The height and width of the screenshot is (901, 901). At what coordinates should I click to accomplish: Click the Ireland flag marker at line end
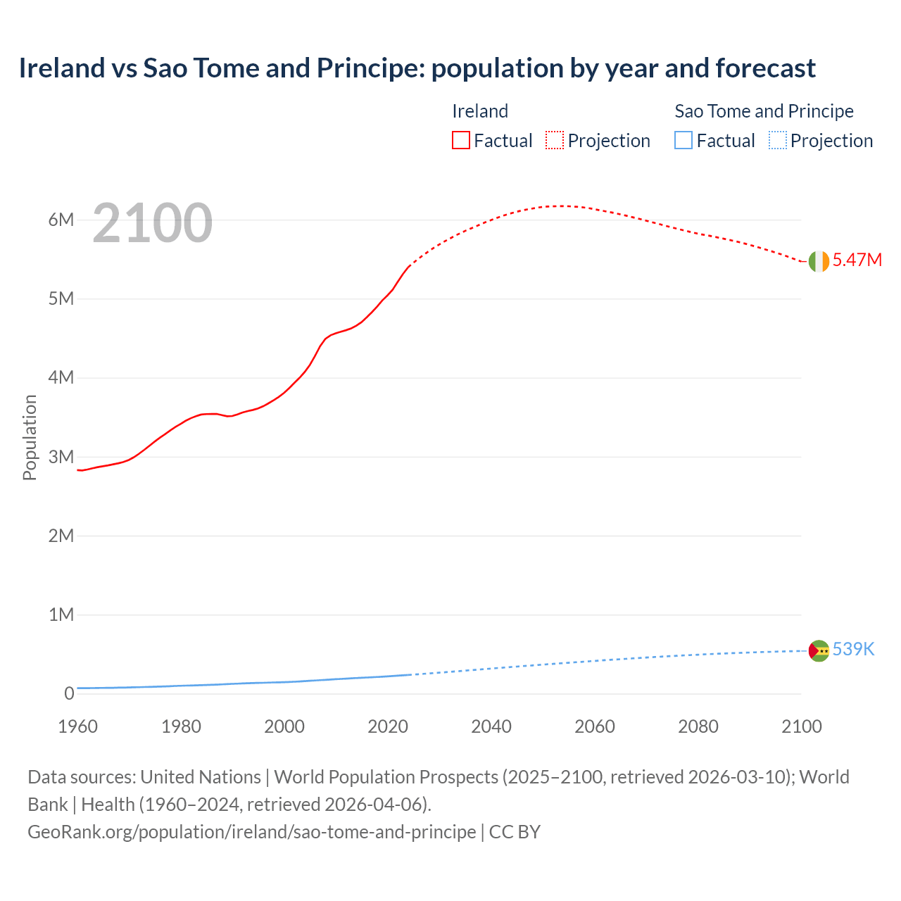click(819, 261)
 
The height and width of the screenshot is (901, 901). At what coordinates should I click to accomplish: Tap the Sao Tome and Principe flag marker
click(819, 651)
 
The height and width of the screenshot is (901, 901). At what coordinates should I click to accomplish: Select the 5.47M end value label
click(857, 260)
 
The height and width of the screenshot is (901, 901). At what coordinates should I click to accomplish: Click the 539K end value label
click(853, 649)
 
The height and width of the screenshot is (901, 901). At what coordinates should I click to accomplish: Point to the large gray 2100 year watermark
click(152, 223)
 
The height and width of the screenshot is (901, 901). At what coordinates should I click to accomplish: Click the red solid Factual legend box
click(460, 141)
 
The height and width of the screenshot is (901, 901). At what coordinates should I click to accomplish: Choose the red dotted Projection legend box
click(555, 141)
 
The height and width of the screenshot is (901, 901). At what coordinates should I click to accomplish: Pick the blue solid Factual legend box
click(683, 141)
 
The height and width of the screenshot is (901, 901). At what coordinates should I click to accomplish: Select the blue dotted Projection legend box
click(778, 141)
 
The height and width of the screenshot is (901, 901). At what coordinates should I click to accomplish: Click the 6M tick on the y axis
click(61, 220)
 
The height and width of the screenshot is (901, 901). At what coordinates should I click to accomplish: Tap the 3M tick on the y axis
click(61, 457)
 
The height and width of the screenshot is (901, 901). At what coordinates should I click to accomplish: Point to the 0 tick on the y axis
click(68, 693)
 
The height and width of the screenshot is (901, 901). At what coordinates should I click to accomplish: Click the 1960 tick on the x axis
click(78, 726)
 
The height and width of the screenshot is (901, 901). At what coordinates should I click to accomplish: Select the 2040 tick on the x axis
click(491, 726)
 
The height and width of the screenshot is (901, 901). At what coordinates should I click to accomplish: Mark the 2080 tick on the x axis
click(698, 726)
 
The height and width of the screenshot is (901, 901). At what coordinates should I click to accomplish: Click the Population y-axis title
click(30, 437)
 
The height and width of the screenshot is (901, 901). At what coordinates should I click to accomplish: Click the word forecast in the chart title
click(766, 68)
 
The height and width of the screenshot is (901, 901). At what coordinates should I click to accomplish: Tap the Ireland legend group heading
click(480, 111)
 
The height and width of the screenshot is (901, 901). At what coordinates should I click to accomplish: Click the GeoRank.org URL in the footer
click(251, 832)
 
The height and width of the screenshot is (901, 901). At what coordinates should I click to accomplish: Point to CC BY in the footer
click(515, 832)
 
